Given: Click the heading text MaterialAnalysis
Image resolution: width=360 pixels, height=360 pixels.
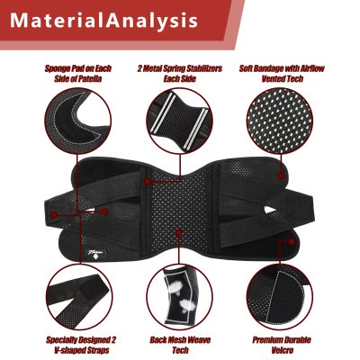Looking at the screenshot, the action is tap(103, 21).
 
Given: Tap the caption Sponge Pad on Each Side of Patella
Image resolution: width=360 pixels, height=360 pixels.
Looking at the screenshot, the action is tap(78, 74).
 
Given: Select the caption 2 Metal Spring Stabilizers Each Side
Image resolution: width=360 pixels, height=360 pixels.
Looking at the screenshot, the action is tap(180, 74).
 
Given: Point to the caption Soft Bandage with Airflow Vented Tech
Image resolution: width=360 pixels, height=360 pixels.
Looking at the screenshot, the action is tap(282, 74).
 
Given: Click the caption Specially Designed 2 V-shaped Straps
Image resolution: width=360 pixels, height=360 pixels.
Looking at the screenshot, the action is tap(81, 345).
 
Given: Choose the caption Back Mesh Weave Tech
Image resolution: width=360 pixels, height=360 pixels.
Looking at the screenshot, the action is tap(180, 345).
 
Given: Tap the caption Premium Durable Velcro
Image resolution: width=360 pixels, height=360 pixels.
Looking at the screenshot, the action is tap(282, 345).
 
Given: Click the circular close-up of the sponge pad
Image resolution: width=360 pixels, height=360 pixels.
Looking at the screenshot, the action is tap(77, 121).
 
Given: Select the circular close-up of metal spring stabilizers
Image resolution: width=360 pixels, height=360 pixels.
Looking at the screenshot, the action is tap(179, 121).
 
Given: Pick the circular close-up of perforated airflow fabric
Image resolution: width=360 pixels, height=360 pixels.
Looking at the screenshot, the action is tap(280, 121).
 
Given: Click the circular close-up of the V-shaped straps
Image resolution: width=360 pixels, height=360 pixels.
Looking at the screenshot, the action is tap(79, 297).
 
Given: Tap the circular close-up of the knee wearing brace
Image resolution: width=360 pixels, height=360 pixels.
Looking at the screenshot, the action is tap(179, 297).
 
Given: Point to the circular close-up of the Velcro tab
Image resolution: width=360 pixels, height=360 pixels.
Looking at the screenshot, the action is tap(280, 297).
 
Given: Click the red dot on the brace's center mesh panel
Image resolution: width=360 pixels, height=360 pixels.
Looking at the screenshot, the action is tap(179, 233).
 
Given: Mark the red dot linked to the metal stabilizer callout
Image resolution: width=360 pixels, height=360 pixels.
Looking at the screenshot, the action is tap(147, 181).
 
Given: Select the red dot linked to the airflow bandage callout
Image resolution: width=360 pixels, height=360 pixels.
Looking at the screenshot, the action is tap(281, 175).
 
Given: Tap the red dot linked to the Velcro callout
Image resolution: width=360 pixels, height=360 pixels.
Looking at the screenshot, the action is tap(292, 241).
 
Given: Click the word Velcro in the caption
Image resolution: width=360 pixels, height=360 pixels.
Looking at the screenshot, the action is tap(282, 350).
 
